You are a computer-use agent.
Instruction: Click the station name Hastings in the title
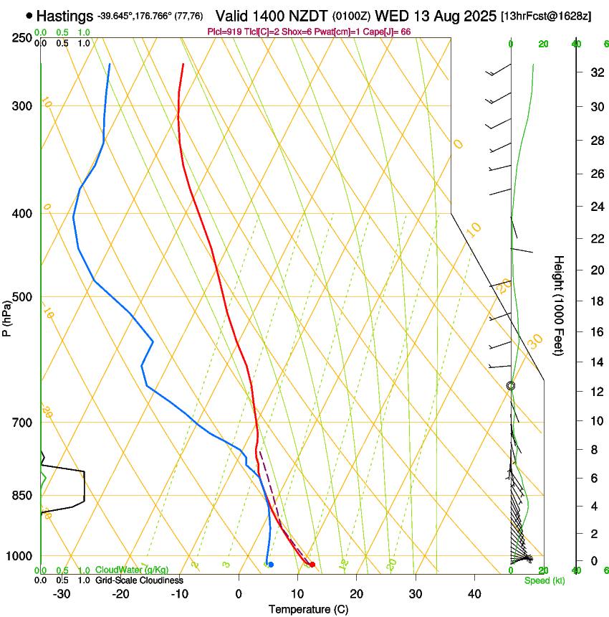[x=64, y=15]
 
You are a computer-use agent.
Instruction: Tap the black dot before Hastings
[x=29, y=15]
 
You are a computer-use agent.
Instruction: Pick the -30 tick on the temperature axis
[x=62, y=594]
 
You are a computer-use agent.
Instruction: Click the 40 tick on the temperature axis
[x=474, y=594]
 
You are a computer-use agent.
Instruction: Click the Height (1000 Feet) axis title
[x=559, y=305]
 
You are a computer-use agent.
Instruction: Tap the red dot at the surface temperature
[x=312, y=565]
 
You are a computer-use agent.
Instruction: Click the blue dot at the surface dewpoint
[x=271, y=565]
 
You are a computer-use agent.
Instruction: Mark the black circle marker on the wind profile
[x=511, y=386]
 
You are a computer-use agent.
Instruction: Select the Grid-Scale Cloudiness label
[x=139, y=580]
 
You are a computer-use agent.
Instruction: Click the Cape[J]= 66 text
[x=390, y=32]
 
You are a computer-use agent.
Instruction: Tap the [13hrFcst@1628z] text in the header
[x=546, y=16]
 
